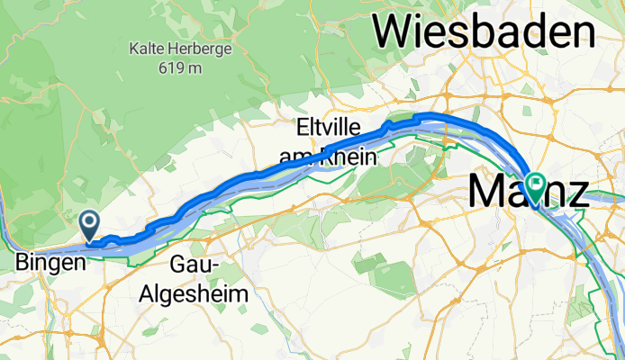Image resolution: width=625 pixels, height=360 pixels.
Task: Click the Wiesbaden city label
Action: [485, 32]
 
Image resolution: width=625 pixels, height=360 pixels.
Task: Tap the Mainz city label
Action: [528, 192]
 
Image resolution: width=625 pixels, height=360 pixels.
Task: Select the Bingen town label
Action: [51, 264]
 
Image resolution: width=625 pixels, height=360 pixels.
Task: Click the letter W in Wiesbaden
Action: [394, 32]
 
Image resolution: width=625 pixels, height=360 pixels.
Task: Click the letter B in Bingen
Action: [23, 264]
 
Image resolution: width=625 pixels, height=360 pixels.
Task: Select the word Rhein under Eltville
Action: [349, 157]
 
